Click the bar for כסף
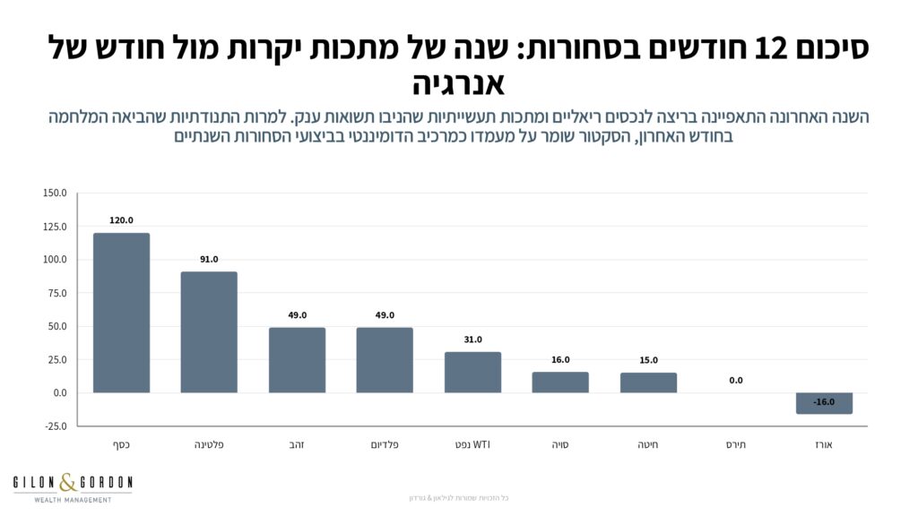point(121,313)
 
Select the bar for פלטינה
point(209,331)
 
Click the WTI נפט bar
point(472,372)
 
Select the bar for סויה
point(560,382)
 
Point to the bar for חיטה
point(648,383)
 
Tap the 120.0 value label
point(121,220)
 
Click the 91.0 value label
point(209,259)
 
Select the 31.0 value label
point(472,340)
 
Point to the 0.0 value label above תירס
point(736,381)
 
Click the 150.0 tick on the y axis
point(54,193)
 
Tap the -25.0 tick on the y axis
point(54,426)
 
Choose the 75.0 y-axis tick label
point(56,293)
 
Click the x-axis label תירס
point(736,444)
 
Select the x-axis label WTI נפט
point(472,444)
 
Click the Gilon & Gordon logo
point(73,487)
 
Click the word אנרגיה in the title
point(459,84)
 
